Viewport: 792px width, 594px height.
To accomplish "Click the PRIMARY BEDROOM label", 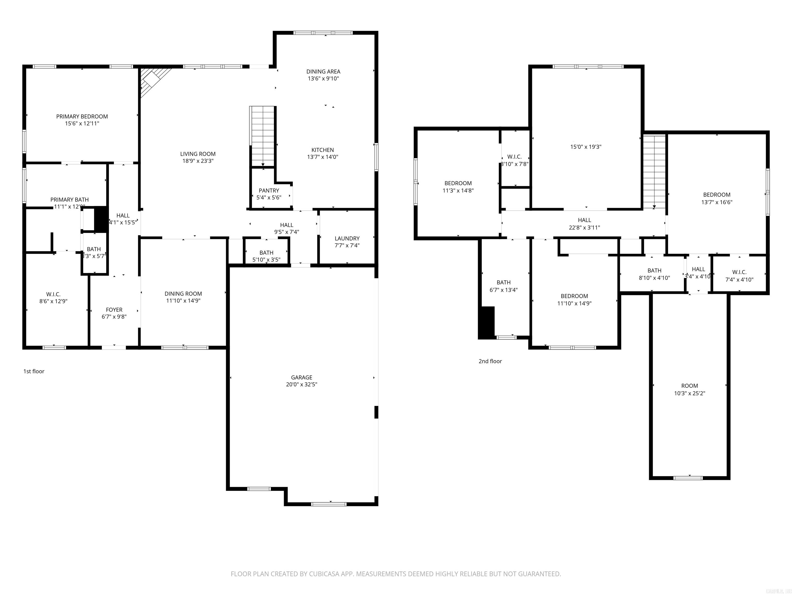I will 82,116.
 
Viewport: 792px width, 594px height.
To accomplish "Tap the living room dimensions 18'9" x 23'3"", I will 198,161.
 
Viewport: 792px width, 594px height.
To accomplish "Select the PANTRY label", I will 269,191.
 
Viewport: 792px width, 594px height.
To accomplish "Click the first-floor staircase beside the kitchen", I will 263,136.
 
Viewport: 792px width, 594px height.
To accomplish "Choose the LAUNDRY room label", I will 347,238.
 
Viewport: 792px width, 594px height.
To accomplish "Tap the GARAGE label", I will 301,377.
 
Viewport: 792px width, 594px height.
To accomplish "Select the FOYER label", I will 114,310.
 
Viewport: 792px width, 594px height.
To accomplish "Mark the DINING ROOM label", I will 183,294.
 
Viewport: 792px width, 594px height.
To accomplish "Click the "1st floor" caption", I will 34,371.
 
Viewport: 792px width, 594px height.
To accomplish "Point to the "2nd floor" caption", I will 490,361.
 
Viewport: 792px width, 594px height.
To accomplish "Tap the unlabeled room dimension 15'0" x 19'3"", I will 586,146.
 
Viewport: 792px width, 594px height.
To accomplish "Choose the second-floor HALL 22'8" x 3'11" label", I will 584,220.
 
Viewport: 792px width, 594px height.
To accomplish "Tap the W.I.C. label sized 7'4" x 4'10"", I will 739,272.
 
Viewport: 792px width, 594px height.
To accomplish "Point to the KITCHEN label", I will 323,150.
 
